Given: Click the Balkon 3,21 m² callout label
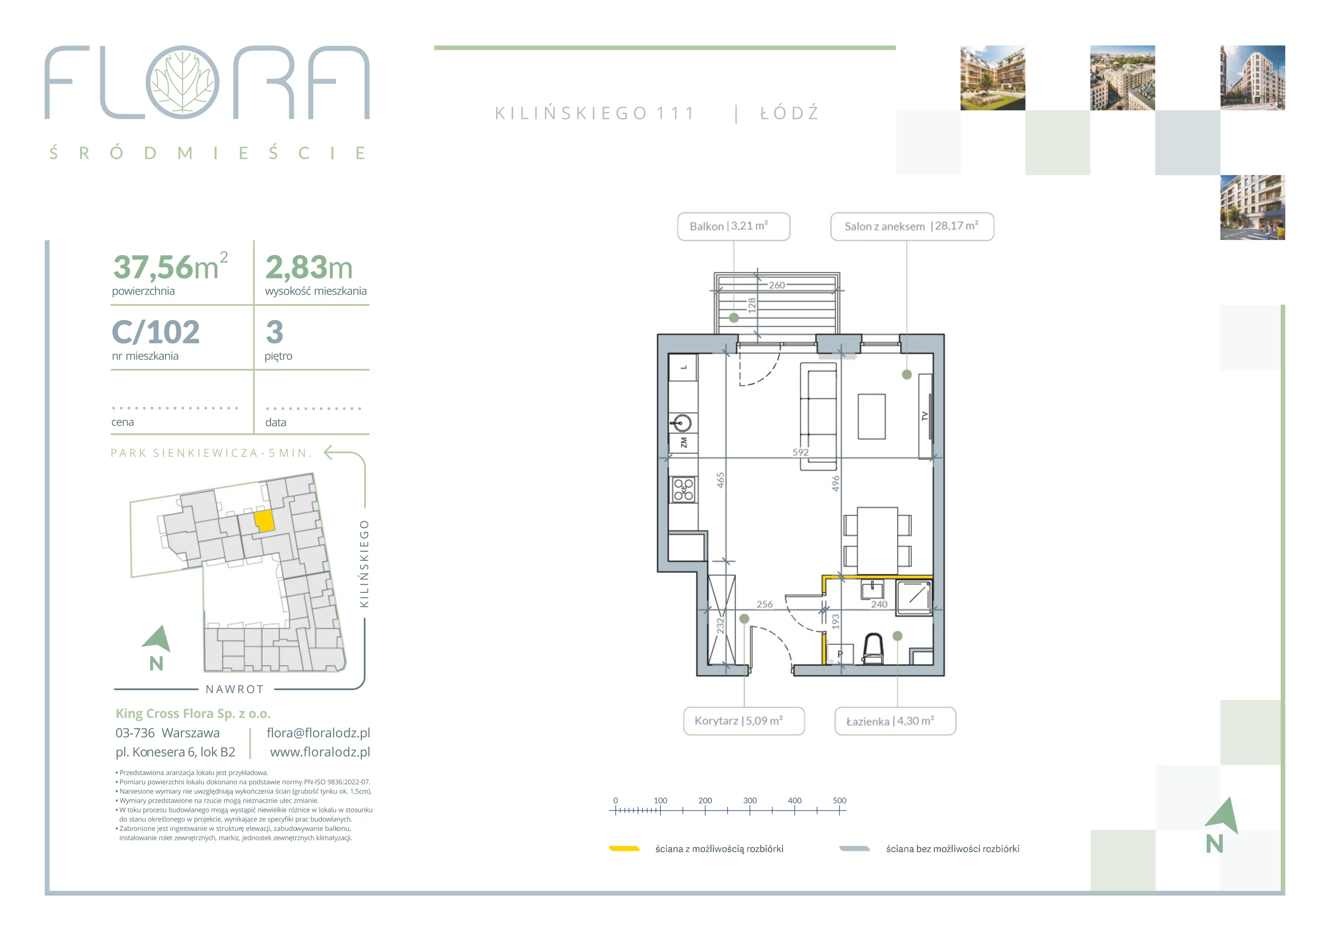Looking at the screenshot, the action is coord(733,226).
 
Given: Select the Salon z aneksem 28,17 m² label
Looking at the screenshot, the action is coord(912,226).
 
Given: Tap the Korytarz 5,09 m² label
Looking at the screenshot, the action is coord(744,721).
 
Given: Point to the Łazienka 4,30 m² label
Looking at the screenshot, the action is coord(895,721).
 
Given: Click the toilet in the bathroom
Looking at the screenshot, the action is coord(873,648).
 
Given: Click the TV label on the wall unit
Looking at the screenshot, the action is coord(924,416).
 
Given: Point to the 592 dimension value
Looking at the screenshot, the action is coord(800,452).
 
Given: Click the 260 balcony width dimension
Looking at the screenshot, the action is coord(777,285).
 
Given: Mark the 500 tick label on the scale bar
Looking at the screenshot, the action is coord(840,800).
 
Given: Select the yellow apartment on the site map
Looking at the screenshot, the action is coord(264,521).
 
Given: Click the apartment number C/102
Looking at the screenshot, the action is coord(156,332).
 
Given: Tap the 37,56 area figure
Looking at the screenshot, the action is coord(153,267).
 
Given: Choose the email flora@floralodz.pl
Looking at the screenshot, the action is coord(318,733).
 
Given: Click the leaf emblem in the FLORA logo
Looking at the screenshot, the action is coord(182,82).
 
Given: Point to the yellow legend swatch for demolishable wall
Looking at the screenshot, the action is coord(624,849).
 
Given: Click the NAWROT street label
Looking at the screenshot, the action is coord(234,689).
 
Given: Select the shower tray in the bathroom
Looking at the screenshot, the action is coord(914,597).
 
